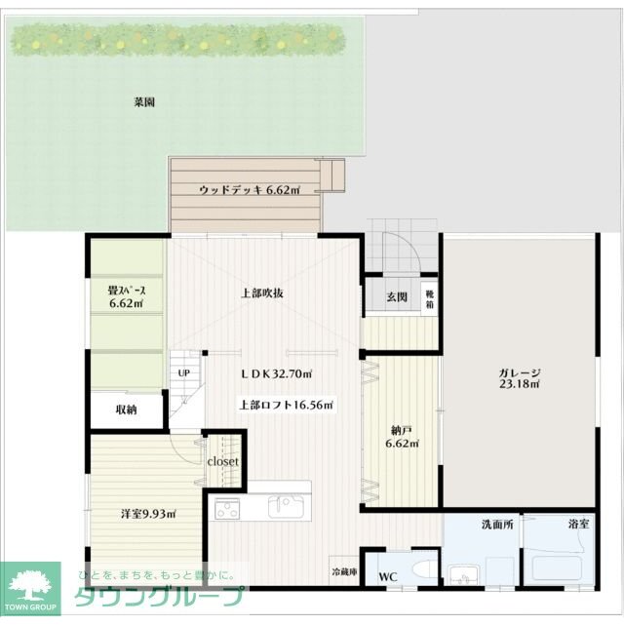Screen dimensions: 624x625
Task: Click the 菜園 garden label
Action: tap(144, 102)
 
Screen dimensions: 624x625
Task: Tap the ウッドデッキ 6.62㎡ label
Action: tap(250, 190)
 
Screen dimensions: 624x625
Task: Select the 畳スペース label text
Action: tap(127, 291)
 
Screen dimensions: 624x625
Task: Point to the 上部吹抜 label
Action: tap(262, 293)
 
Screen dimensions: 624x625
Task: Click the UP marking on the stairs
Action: tap(183, 373)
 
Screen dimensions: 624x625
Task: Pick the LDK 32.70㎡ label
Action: tap(277, 373)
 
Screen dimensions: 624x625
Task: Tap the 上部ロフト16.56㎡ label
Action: tap(286, 406)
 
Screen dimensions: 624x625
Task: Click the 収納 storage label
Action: tap(127, 410)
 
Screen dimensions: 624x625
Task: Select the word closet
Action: tap(222, 461)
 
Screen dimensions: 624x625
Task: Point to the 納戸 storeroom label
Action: tap(402, 431)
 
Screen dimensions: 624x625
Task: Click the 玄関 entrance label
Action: tap(397, 297)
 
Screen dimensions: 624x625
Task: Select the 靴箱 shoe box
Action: tap(429, 299)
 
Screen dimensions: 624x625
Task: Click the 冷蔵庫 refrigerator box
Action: tap(344, 571)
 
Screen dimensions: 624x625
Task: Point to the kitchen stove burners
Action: tap(227, 509)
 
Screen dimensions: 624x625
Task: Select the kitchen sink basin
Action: tap(285, 507)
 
